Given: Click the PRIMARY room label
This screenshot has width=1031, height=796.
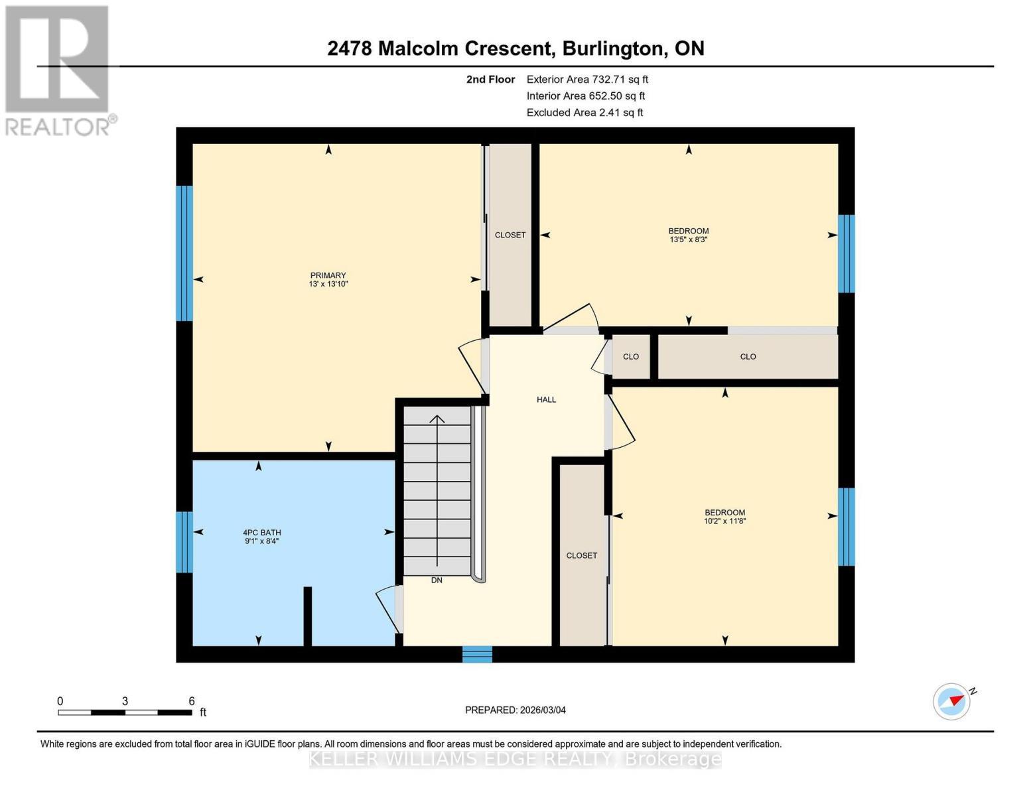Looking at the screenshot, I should pos(328,275).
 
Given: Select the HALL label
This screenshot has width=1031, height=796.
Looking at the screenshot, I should pos(546,399).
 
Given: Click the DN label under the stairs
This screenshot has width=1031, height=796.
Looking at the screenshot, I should pos(436,580).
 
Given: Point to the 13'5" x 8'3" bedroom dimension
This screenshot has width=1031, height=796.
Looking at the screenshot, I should pos(688,239).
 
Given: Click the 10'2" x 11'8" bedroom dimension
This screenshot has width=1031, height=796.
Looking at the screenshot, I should pos(724,521).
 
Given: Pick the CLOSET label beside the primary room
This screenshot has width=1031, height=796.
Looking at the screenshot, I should pos(510,235).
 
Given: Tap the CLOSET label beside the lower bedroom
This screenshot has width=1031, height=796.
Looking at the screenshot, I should pos(581,555).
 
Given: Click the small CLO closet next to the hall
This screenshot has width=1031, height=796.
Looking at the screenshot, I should pos(630,356).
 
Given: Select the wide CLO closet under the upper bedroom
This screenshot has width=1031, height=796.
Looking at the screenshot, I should pos(748,356).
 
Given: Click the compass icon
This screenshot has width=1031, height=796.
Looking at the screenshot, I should pos(952,701).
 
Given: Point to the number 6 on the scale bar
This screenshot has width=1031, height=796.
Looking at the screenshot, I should pos(192,701).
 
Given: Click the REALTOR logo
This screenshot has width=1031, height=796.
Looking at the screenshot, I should pos(58,70).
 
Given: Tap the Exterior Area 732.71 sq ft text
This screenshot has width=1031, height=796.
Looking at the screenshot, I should pos(586,79).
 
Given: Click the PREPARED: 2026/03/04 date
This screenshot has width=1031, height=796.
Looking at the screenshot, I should pos(515,710).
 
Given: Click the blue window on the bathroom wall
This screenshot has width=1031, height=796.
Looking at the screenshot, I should pos(184,541).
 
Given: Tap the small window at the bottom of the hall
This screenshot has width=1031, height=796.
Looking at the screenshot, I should pos(477,654).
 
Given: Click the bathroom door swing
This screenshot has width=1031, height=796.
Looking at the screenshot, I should pos(389,609).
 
